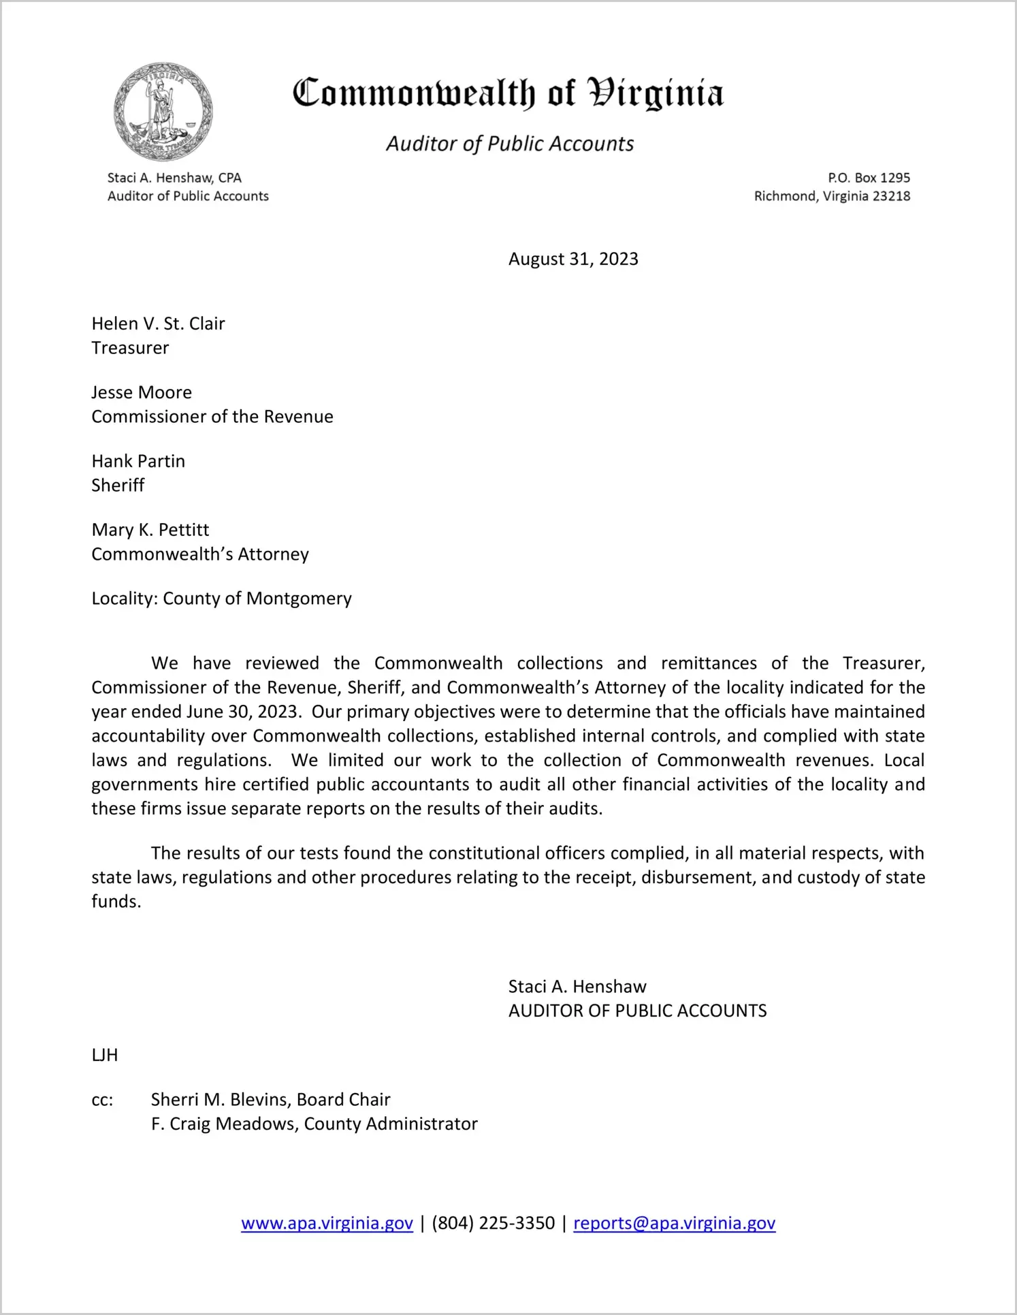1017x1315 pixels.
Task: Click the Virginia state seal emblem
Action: pyautogui.click(x=163, y=112)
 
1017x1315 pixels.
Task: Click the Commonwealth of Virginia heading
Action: pyautogui.click(x=508, y=94)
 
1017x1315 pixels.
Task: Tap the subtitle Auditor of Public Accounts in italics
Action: pyautogui.click(x=510, y=144)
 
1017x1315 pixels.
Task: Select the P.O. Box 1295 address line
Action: pyautogui.click(x=869, y=178)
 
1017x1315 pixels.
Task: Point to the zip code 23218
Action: pyautogui.click(x=891, y=196)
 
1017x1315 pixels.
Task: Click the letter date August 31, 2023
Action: pyautogui.click(x=573, y=259)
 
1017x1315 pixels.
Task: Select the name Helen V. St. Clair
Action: pyautogui.click(x=158, y=323)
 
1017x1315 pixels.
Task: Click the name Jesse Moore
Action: pyautogui.click(x=142, y=392)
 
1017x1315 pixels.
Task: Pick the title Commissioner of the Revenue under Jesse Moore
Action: pyautogui.click(x=212, y=417)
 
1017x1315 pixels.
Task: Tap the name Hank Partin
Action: pyautogui.click(x=138, y=461)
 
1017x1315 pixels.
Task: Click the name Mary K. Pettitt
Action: pyautogui.click(x=150, y=530)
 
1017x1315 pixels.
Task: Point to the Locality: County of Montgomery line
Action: pyautogui.click(x=221, y=599)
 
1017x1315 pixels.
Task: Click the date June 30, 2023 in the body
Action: pyautogui.click(x=242, y=712)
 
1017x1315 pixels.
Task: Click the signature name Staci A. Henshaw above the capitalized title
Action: pyautogui.click(x=577, y=987)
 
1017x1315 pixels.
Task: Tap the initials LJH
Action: pyautogui.click(x=105, y=1056)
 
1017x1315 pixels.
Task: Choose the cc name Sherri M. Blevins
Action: pyautogui.click(x=222, y=1100)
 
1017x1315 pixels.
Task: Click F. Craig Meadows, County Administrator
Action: pyautogui.click(x=314, y=1124)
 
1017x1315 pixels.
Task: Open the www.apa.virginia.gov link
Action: pyautogui.click(x=327, y=1223)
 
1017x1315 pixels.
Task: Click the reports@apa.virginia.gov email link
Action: pyautogui.click(x=674, y=1223)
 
